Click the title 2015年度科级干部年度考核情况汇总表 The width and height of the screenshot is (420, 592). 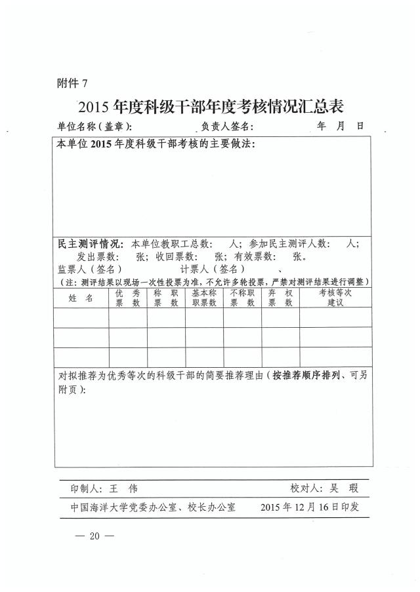pyautogui.click(x=211, y=106)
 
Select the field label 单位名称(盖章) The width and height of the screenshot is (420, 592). pyautogui.click(x=94, y=127)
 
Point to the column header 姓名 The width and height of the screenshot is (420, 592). pyautogui.click(x=81, y=298)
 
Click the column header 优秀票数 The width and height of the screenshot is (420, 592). pyautogui.click(x=127, y=298)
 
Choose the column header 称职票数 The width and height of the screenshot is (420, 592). pyautogui.click(x=166, y=298)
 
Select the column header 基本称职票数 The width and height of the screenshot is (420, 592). pyautogui.click(x=204, y=298)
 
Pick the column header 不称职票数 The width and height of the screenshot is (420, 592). pyautogui.click(x=242, y=298)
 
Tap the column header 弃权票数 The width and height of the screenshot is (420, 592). pyautogui.click(x=280, y=298)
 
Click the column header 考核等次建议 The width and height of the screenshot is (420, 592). pyautogui.click(x=335, y=298)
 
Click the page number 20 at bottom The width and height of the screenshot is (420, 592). pyautogui.click(x=94, y=536)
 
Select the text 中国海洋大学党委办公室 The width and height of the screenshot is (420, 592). pyautogui.click(x=122, y=507)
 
